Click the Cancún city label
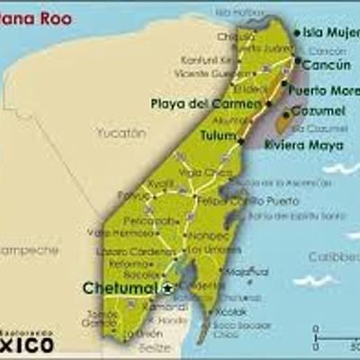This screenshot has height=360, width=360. [x=326, y=66]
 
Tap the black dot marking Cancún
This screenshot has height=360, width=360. [x=297, y=61]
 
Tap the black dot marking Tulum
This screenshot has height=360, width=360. [x=241, y=140]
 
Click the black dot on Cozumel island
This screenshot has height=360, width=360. [x=288, y=114]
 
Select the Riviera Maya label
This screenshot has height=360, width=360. [x=301, y=144]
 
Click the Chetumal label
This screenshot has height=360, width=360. [x=121, y=288]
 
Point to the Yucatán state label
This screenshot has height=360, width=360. [x=121, y=132]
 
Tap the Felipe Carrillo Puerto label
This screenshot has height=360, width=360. [x=235, y=201]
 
